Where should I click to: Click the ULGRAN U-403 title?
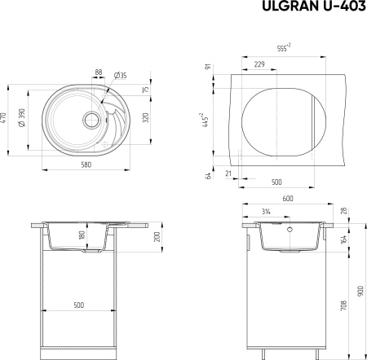[x=314, y=6]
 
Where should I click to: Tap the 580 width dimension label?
[x=86, y=165]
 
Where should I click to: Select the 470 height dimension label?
[x=3, y=117]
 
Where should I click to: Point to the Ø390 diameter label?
[x=21, y=117]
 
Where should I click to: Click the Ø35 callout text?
[x=121, y=76]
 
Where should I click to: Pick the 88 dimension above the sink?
[x=99, y=72]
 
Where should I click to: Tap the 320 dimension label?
[x=145, y=117]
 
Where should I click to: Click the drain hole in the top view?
[x=91, y=120]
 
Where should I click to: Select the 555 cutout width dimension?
[x=284, y=48]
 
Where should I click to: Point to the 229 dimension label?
[x=259, y=64]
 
